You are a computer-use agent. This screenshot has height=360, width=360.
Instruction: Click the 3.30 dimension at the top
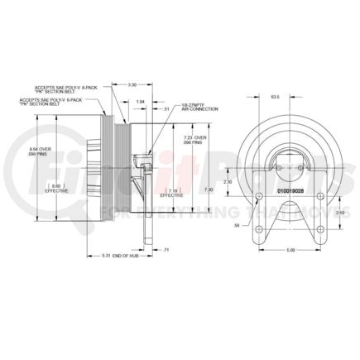click(132, 84)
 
